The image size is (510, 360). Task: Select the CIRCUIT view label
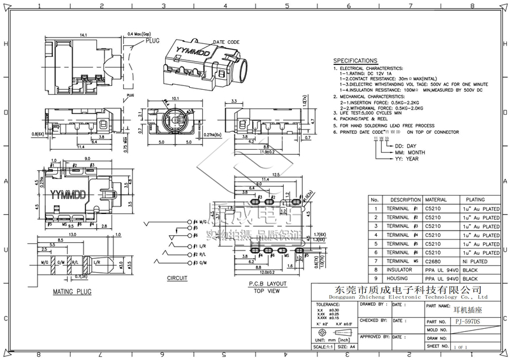[177, 278]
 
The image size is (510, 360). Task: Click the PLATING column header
[475, 199]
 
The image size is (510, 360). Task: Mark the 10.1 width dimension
[177, 99]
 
